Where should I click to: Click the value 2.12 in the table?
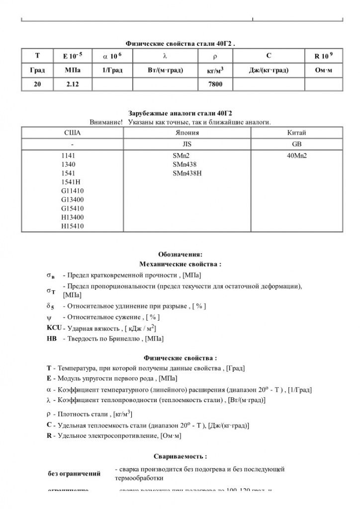(73, 85)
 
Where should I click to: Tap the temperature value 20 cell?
(38, 85)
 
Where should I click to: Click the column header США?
(73, 133)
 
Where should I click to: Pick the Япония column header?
(187, 133)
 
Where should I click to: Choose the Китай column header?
(296, 133)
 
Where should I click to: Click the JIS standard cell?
(187, 144)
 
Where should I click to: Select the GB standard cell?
(296, 144)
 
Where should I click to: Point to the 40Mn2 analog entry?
(297, 155)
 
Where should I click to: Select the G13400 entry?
(72, 200)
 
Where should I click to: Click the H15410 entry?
(72, 226)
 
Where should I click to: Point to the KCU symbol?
(54, 328)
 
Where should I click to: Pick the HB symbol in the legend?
(51, 339)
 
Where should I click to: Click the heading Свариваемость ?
(180, 456)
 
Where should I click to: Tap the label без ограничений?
(74, 474)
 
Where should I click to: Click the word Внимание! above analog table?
(106, 122)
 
